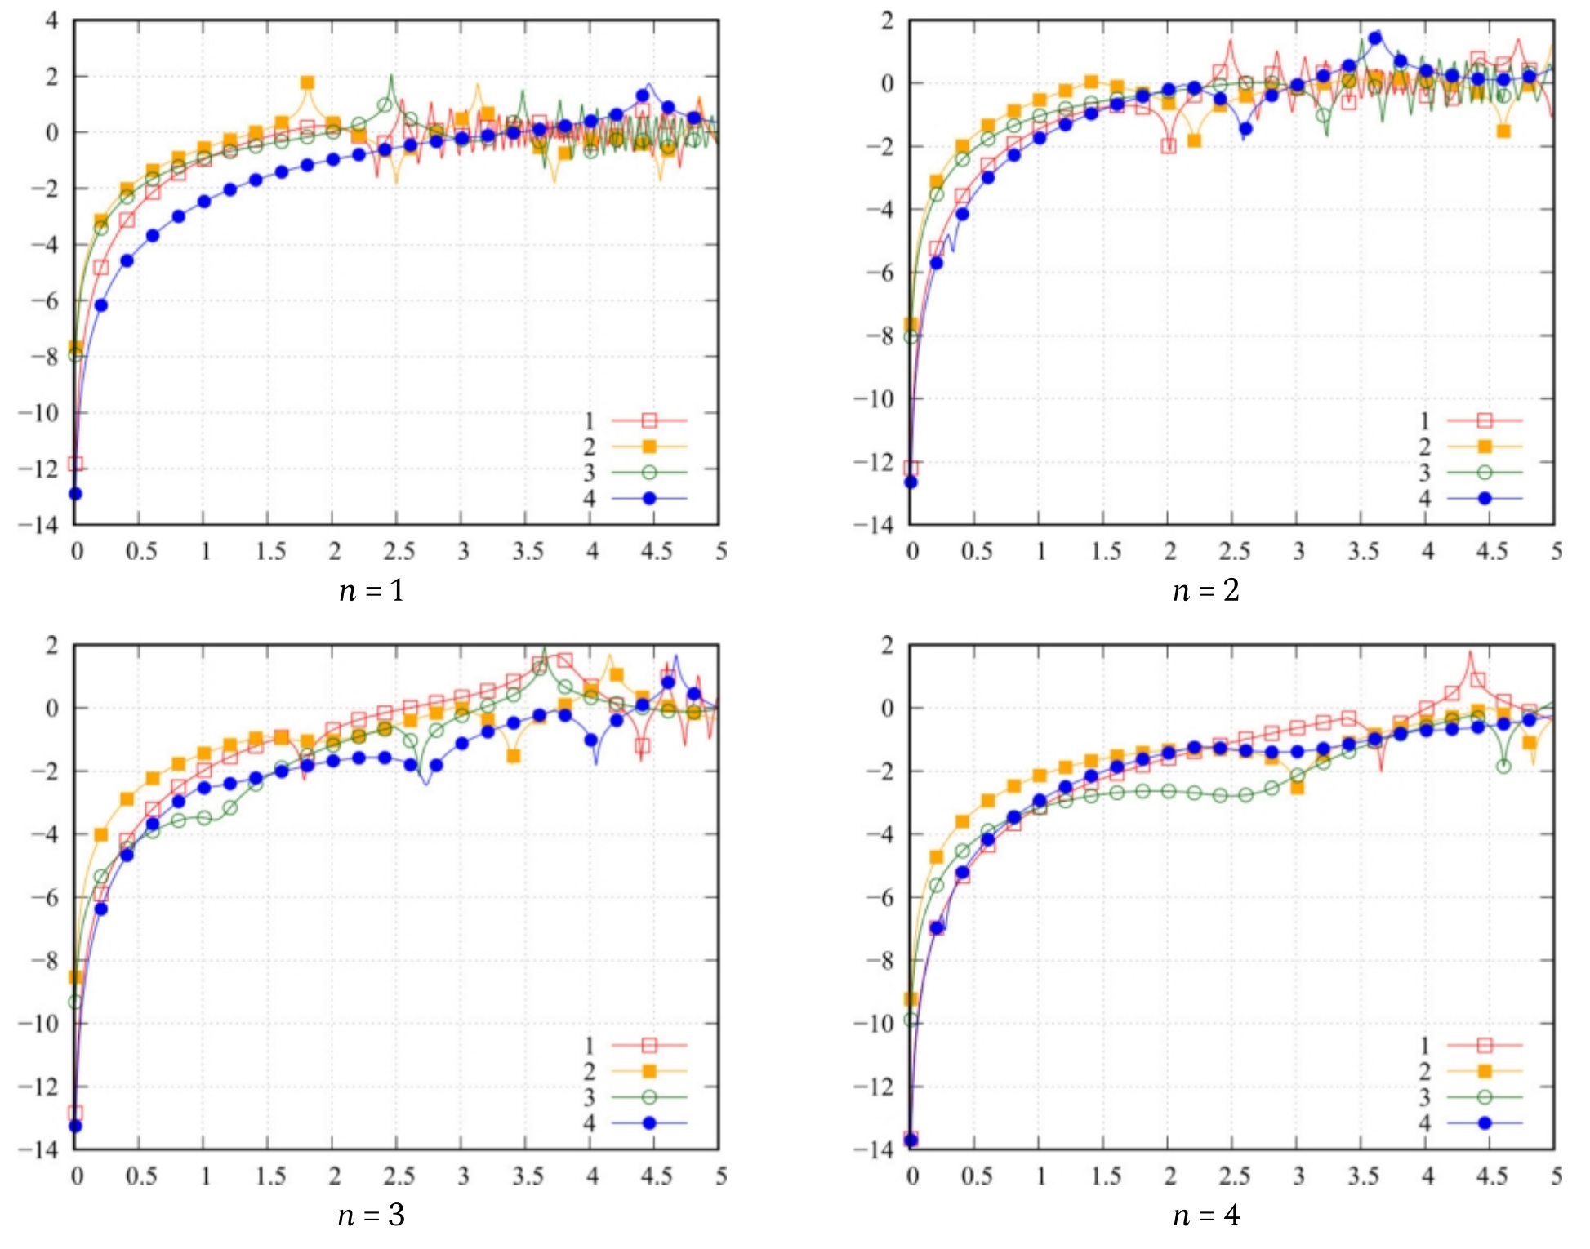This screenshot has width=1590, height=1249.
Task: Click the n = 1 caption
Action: (372, 590)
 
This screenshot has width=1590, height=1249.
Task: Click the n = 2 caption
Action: (1206, 590)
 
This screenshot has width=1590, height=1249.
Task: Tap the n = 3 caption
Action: (372, 1216)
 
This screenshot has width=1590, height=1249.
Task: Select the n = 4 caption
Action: (1206, 1216)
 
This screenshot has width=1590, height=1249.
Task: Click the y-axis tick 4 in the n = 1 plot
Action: (52, 20)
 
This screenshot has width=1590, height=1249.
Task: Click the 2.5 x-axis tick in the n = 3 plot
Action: (399, 1176)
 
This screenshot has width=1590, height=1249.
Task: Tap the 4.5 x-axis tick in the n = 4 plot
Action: (1491, 1176)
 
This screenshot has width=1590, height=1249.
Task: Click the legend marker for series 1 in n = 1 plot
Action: (649, 420)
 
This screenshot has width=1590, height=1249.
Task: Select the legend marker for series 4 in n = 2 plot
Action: (1485, 498)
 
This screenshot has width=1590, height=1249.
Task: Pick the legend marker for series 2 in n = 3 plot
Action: (649, 1071)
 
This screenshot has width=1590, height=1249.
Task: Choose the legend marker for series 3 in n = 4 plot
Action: (1485, 1097)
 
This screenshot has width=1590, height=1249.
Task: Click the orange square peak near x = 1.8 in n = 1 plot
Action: (307, 82)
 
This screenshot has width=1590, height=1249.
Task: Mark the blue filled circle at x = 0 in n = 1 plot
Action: (75, 494)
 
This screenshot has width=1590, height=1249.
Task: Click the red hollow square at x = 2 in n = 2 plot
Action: (1169, 146)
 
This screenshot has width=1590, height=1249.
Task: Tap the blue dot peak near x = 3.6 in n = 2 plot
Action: (1375, 38)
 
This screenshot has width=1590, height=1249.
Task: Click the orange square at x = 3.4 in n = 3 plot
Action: (513, 756)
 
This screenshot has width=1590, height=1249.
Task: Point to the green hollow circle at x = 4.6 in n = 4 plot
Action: (1503, 766)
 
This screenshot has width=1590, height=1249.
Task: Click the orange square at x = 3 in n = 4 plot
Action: (1298, 788)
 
